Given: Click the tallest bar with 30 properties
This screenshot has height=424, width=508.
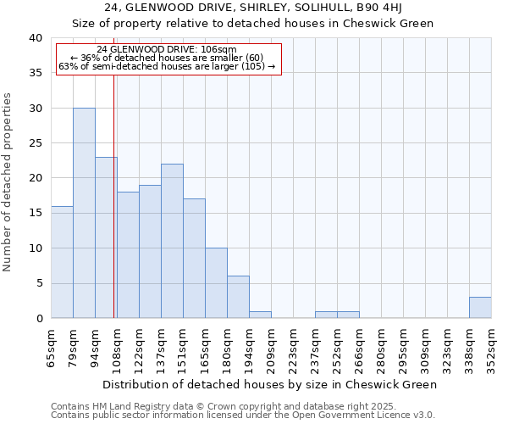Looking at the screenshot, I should coord(84,213).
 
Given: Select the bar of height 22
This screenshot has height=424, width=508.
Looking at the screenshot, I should coord(172,241).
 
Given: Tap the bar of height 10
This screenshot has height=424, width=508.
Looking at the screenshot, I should coord(216,282).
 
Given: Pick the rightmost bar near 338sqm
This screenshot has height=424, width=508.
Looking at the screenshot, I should coord(480,308).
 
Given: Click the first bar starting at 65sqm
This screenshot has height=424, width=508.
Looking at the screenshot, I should coord(62,262).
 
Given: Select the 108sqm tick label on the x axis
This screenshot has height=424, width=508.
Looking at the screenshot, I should coord(118,347).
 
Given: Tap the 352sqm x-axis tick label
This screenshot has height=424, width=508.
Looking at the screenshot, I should coord(492,347).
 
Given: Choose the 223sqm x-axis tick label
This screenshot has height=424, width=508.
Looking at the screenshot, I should coord(294,347).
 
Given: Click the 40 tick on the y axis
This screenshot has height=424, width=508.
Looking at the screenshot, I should coord(35,38).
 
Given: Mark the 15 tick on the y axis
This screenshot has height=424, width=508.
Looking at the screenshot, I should coord(35,213).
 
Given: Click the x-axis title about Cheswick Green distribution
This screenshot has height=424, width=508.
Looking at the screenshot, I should coord(271,384).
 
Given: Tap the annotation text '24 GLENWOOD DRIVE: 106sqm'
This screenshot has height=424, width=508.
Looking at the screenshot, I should coord(167,49).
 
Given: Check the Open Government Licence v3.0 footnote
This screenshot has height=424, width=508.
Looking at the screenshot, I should coord(243,415).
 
